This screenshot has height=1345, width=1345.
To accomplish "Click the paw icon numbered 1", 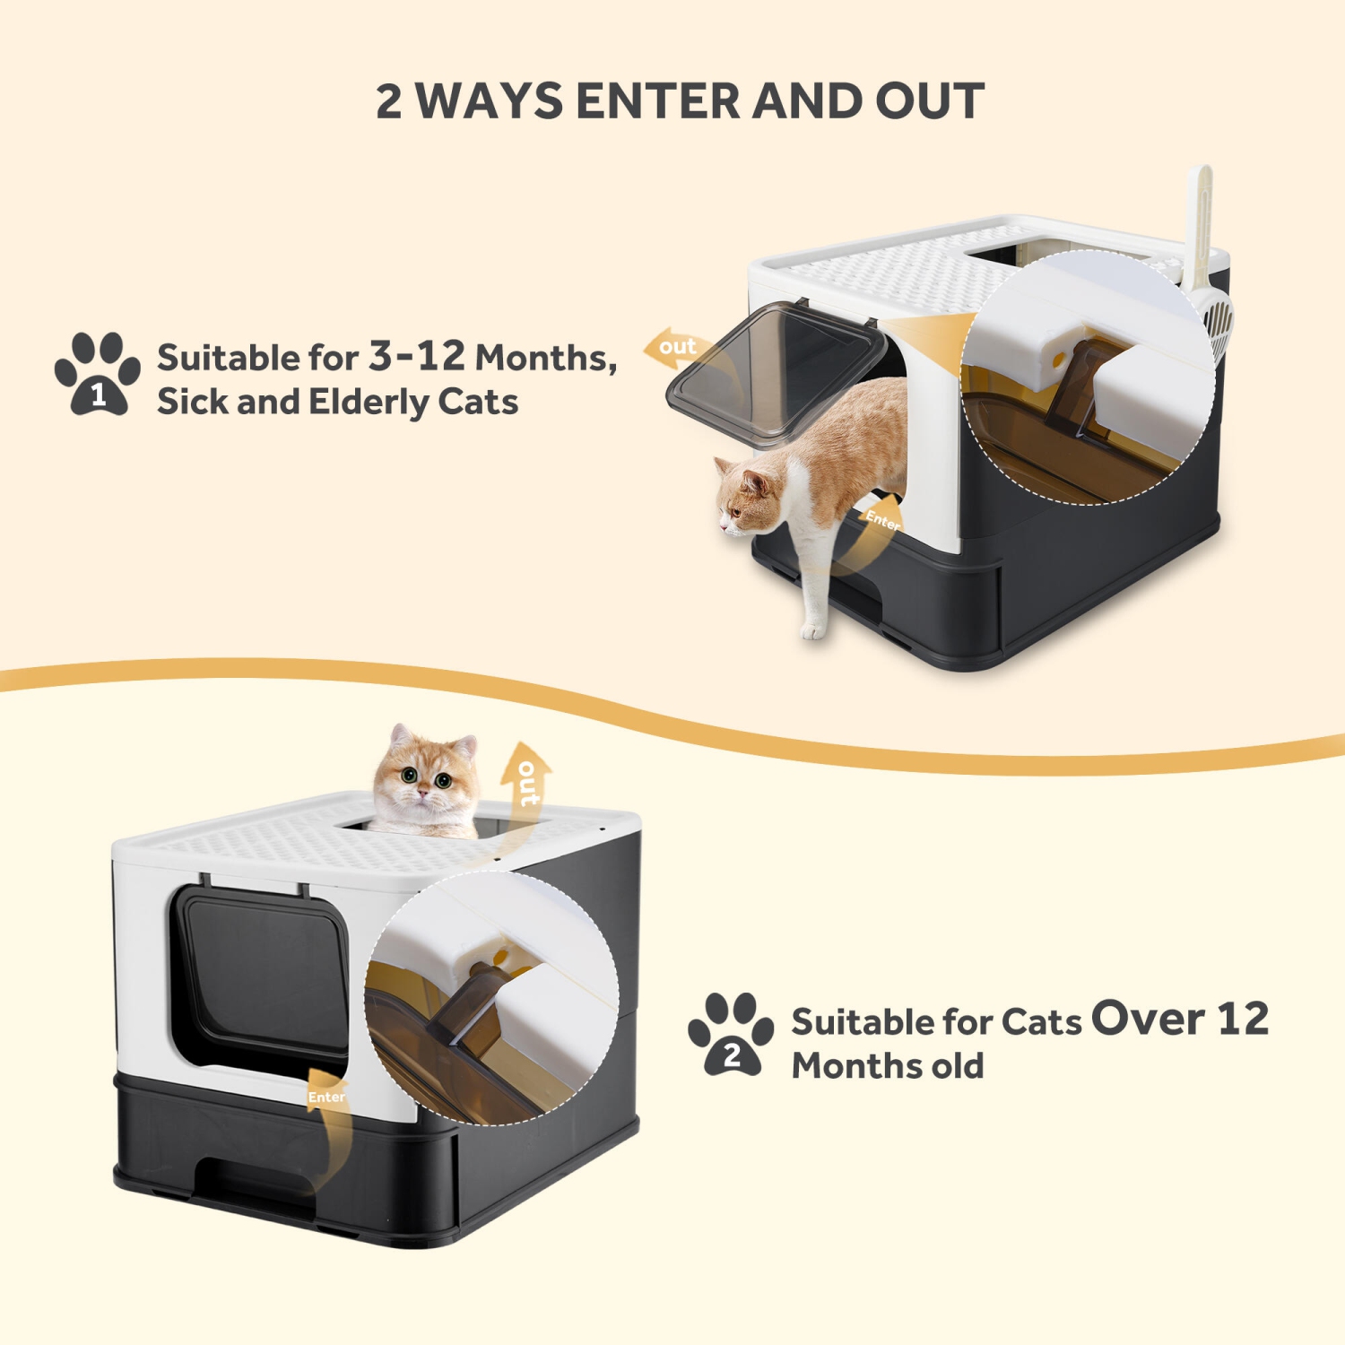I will pos(97,373).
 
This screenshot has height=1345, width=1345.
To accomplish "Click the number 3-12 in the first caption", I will pos(417,356).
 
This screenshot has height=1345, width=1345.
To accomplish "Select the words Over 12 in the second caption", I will pos(1180,1019).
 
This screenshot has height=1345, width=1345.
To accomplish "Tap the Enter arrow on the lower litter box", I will pos(326,1112).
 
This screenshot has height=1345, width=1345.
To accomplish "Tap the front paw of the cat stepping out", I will pos(813,628).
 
